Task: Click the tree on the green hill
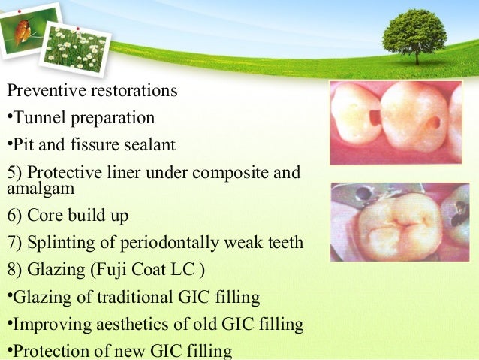point(414,34)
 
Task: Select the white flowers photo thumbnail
point(73,47)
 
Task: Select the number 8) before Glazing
point(14,270)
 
